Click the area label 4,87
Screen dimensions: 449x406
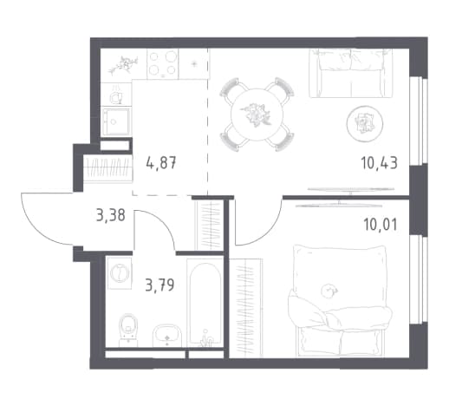(161, 163)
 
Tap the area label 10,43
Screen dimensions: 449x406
(379, 163)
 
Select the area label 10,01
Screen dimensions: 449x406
(381, 225)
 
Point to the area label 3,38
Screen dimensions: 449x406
(111, 215)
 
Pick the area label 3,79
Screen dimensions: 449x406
(159, 285)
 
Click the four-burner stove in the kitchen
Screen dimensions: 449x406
(163, 63)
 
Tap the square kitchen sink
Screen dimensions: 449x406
(115, 121)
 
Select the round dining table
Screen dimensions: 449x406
(257, 115)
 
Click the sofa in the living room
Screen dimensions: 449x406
(351, 73)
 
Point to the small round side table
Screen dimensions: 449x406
(365, 123)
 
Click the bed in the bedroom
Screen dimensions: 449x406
(341, 301)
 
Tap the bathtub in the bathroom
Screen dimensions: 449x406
(205, 304)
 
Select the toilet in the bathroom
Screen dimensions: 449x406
(128, 330)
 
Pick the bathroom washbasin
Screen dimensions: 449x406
(166, 336)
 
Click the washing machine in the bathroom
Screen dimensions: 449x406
(119, 273)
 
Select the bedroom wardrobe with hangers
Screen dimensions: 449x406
(246, 308)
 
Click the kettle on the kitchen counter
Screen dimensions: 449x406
(116, 95)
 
